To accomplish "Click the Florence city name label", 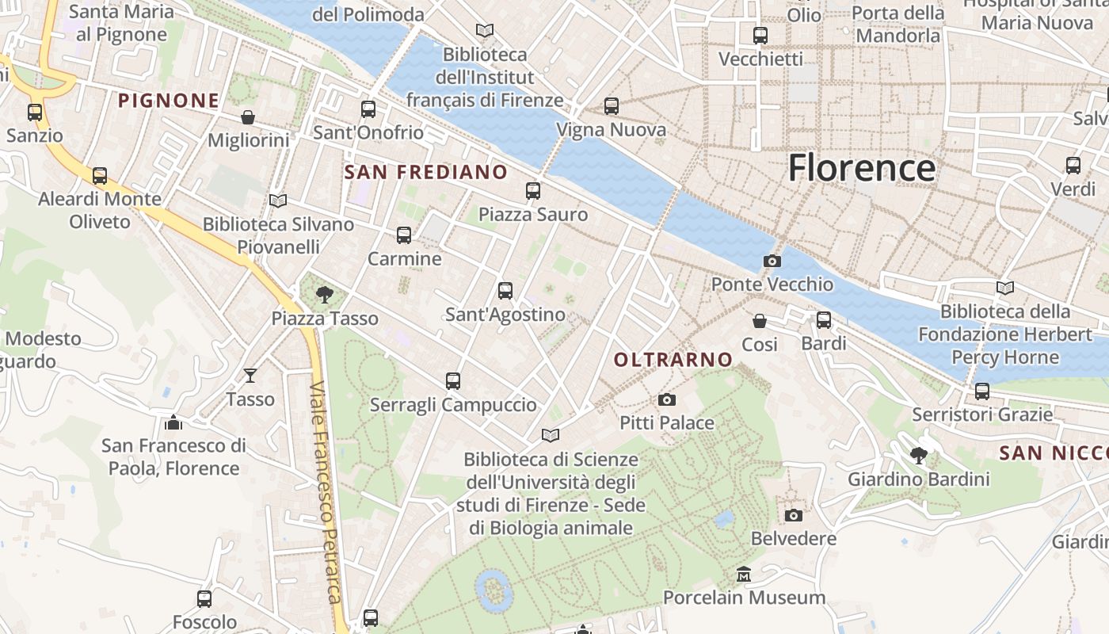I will (x=862, y=168).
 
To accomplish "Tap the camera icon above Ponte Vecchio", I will (x=772, y=261).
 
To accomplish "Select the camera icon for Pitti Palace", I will (x=667, y=399).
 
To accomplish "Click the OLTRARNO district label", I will (x=673, y=360).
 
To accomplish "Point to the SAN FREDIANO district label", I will (x=426, y=172).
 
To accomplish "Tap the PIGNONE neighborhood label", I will (x=168, y=101).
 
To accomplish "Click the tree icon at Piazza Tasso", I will (x=324, y=295).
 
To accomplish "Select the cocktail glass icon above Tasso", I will (x=250, y=375).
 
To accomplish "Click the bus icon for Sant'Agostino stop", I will (x=505, y=291).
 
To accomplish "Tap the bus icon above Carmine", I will (x=404, y=235).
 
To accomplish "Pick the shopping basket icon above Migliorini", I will (x=248, y=117).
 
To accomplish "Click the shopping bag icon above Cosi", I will (x=760, y=321).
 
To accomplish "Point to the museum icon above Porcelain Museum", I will (x=744, y=574).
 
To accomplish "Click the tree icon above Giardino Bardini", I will (x=919, y=456).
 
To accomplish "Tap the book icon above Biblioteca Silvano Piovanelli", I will (x=277, y=201).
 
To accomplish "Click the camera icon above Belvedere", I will (x=793, y=515).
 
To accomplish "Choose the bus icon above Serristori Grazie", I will (x=982, y=391).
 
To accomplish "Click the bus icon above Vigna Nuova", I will (x=611, y=106).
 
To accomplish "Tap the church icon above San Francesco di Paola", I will (x=173, y=422).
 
